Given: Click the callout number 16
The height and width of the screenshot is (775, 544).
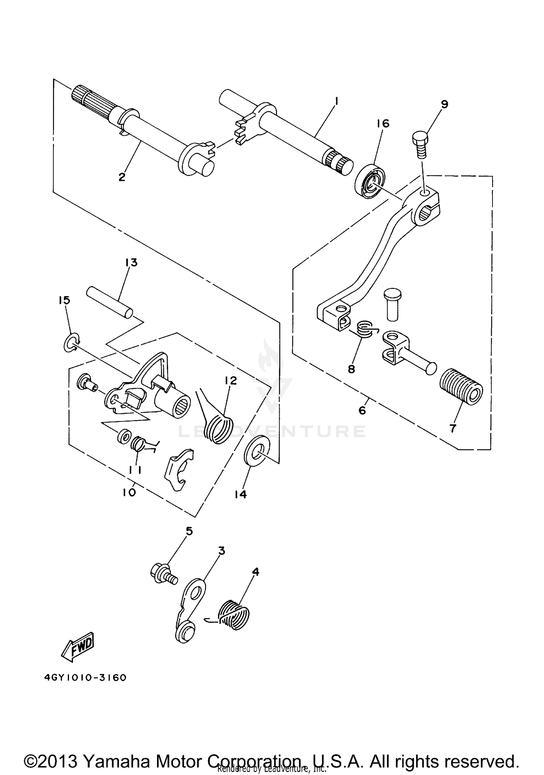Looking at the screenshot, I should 383,123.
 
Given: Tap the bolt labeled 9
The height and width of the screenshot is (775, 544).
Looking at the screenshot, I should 420,145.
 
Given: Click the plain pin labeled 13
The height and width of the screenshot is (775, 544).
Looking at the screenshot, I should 110,302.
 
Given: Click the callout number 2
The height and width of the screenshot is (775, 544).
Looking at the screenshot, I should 122,177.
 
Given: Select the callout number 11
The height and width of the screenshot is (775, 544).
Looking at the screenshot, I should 135,470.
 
